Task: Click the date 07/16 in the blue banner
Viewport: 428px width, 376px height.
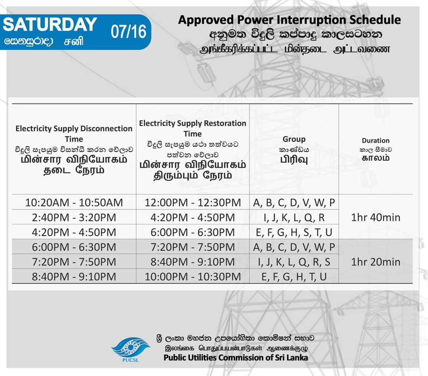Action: pyautogui.click(x=128, y=32)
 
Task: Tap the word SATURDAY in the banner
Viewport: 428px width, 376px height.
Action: pyautogui.click(x=50, y=24)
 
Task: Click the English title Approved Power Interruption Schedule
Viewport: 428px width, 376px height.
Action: pyautogui.click(x=289, y=20)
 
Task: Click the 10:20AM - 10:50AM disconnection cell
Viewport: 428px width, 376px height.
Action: pyautogui.click(x=74, y=203)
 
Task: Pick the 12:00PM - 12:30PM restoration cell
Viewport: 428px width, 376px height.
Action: pyautogui.click(x=193, y=203)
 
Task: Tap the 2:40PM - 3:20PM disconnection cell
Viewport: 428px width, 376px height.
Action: pyautogui.click(x=74, y=217)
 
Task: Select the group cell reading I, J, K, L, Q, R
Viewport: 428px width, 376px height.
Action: pyautogui.click(x=294, y=218)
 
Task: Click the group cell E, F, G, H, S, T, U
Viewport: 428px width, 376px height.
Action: pyautogui.click(x=294, y=232)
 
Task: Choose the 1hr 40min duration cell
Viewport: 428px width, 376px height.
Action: pyautogui.click(x=376, y=217)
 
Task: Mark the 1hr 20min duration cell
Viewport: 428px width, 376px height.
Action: pyautogui.click(x=376, y=262)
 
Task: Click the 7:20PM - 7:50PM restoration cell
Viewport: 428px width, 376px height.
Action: pyautogui.click(x=193, y=247)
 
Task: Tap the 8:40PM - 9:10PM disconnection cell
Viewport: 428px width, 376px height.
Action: pyautogui.click(x=74, y=277)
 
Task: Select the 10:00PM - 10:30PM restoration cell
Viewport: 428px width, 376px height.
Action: pyautogui.click(x=193, y=277)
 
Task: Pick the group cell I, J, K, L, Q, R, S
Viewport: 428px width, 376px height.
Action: pyautogui.click(x=294, y=262)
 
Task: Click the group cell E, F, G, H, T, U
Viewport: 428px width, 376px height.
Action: pyautogui.click(x=294, y=277)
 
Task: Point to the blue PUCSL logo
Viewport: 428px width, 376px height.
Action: pyautogui.click(x=130, y=349)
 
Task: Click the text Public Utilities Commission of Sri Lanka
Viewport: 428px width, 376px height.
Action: pyautogui.click(x=236, y=357)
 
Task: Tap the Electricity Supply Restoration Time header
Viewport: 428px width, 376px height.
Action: pyautogui.click(x=193, y=128)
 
